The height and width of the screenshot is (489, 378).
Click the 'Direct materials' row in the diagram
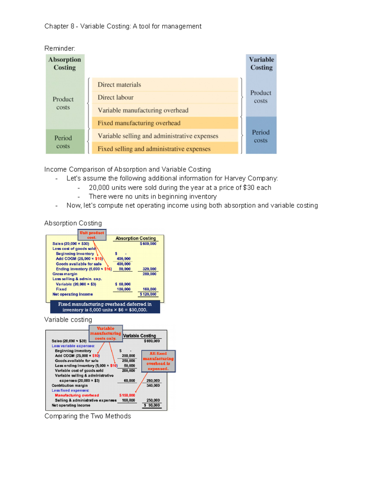tap(165, 85)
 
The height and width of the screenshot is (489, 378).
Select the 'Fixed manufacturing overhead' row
tap(165, 123)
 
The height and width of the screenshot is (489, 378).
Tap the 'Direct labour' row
tap(165, 98)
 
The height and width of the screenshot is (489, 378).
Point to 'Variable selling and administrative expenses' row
tap(165, 136)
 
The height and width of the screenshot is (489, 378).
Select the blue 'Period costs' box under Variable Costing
tap(261, 136)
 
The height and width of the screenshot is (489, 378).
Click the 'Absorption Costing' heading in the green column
tap(65, 64)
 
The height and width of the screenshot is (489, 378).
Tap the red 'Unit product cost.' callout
tap(92, 235)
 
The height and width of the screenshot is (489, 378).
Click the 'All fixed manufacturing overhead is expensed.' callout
tap(158, 361)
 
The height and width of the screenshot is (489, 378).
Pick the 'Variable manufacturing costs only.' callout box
tap(106, 333)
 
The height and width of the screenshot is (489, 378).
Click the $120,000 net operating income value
tap(148, 294)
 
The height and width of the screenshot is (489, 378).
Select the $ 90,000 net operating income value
tap(152, 406)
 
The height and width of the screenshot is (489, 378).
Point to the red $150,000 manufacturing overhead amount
tap(127, 395)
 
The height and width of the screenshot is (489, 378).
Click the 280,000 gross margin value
tap(149, 274)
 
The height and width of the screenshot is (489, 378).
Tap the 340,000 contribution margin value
tap(153, 385)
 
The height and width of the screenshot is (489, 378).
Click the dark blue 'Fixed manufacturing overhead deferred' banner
tap(105, 307)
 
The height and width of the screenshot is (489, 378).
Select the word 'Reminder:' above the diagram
tap(60, 48)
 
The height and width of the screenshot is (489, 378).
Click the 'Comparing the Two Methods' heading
tap(88, 416)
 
